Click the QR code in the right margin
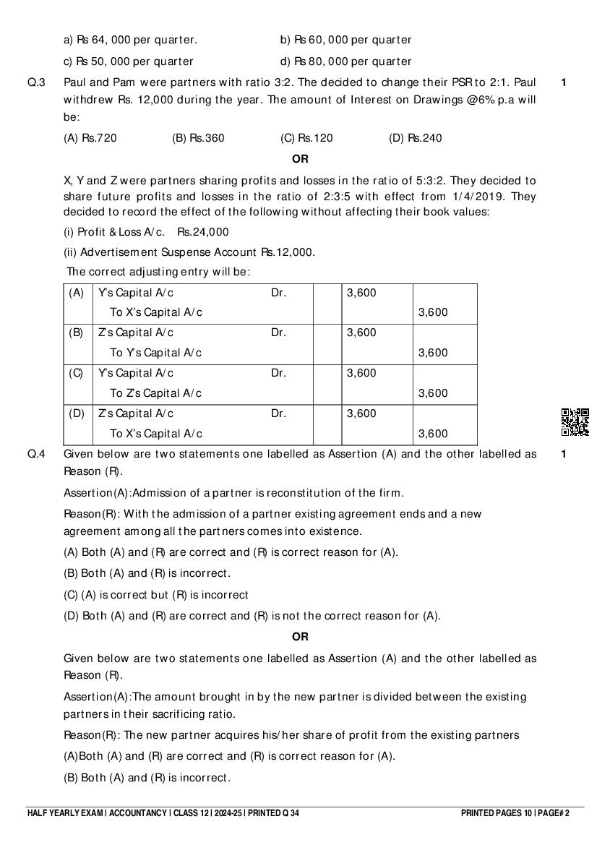575,422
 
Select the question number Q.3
36,82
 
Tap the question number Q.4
36,455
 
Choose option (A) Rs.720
90,138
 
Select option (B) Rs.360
198,138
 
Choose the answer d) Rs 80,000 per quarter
345,61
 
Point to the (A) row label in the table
77,293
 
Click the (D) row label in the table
77,414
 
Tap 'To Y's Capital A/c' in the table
155,353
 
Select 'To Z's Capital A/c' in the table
155,394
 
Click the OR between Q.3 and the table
299,159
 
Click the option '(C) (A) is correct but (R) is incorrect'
156,595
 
